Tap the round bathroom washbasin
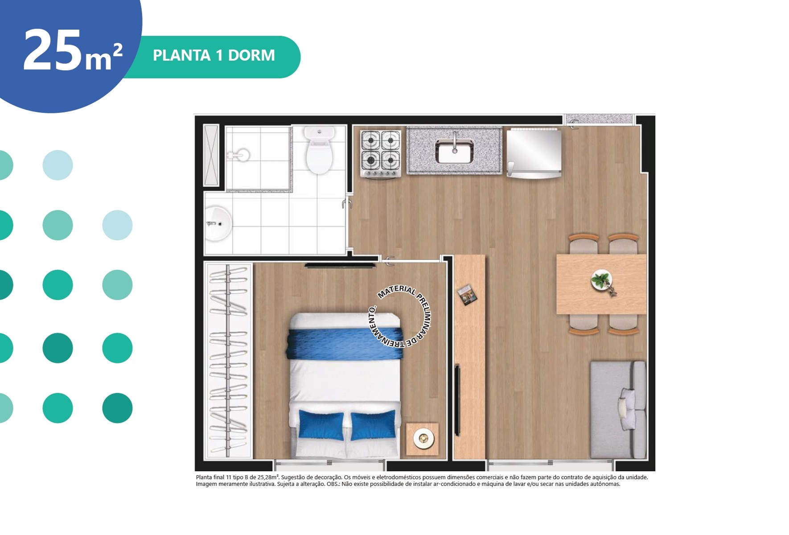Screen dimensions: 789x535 218,223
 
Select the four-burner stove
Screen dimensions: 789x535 380,153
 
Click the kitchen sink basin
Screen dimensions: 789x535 454,151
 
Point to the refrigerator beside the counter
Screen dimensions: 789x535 534,153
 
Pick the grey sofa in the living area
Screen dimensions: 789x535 618,410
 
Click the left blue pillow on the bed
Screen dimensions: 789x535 321,425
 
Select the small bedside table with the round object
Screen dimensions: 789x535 422,439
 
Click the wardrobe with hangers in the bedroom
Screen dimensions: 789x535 228,360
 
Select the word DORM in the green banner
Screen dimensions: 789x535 251,55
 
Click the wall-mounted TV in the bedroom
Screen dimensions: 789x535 340,266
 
